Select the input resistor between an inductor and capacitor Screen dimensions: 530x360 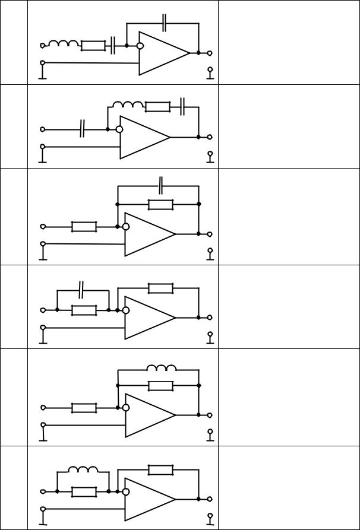[x=93, y=45]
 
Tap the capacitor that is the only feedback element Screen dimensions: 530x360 [x=163, y=23]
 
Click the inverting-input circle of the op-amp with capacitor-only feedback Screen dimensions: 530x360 [x=140, y=45]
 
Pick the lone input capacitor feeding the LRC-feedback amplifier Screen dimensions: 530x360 [x=83, y=129]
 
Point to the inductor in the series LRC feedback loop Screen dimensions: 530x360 [x=128, y=105]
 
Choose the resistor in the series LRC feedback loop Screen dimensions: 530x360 [x=157, y=107]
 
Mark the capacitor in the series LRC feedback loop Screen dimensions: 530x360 [x=184, y=107]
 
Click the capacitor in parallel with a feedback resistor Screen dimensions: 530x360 [x=161, y=186]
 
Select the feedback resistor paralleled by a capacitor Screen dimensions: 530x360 [x=160, y=204]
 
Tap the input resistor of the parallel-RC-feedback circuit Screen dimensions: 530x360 [x=84, y=226]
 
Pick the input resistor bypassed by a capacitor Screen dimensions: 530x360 [x=84, y=310]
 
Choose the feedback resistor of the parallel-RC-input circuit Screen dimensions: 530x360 [x=160, y=288]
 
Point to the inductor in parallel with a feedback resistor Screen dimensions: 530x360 [x=161, y=368]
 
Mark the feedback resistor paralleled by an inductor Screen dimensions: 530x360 [x=160, y=386]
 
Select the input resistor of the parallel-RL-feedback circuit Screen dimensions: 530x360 [x=84, y=408]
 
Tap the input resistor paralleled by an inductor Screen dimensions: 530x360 [x=84, y=491]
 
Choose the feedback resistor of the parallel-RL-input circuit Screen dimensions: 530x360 [x=160, y=470]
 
